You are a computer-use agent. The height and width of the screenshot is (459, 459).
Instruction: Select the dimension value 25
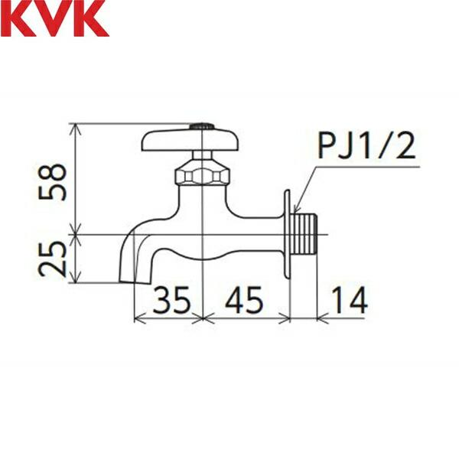(54, 258)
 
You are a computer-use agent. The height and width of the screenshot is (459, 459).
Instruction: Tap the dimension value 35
(170, 301)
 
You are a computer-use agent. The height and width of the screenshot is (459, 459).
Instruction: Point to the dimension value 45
(244, 301)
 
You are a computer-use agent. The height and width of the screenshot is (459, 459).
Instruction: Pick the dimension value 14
(350, 301)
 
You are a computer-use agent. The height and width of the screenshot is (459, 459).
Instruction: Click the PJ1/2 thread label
(366, 146)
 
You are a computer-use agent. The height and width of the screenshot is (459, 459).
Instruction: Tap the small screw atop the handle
(202, 124)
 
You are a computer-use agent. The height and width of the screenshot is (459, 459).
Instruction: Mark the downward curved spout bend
(130, 237)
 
